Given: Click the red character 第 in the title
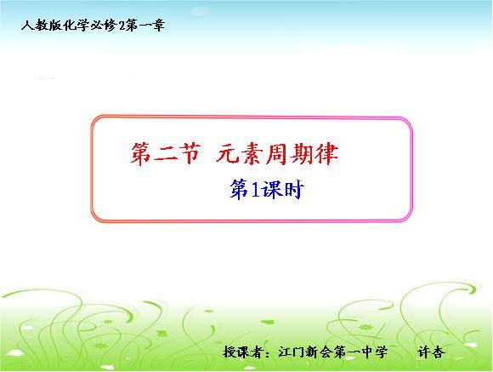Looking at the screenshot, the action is [x=140, y=154].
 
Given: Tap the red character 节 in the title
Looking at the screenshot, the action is [x=190, y=154].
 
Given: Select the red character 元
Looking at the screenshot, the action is [x=227, y=154].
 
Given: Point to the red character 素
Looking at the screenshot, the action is [x=252, y=154].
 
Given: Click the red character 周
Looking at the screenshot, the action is [x=277, y=154].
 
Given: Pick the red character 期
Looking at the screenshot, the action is [x=302, y=154].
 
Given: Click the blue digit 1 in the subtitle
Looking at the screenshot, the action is [x=255, y=190].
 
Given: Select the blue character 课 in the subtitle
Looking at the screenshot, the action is [x=273, y=190].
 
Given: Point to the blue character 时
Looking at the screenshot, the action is [x=294, y=190].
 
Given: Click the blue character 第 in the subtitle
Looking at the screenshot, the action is [x=239, y=190].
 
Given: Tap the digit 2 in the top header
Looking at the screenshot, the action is [x=122, y=26].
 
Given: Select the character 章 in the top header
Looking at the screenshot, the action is [x=158, y=26].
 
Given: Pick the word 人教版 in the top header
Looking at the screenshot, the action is [x=42, y=26].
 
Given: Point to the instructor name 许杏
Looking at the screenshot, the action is [x=431, y=352].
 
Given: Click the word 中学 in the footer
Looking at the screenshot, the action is [x=375, y=352].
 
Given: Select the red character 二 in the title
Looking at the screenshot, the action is [x=165, y=155].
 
